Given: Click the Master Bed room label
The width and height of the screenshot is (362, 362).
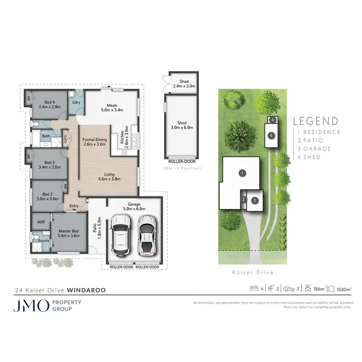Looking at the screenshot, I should pyautogui.click(x=68, y=233).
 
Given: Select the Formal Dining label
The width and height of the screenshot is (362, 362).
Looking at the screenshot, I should pyautogui.click(x=95, y=142).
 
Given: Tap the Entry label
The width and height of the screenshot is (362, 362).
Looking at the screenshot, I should pyautogui.click(x=74, y=206).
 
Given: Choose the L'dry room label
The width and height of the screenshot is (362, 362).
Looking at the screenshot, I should pyautogui.click(x=75, y=102).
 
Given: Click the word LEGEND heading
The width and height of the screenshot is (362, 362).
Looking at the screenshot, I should pyautogui.click(x=316, y=121).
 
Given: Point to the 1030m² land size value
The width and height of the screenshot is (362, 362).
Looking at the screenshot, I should pyautogui.click(x=344, y=289).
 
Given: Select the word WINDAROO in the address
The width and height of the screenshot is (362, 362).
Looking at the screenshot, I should pyautogui.click(x=86, y=291).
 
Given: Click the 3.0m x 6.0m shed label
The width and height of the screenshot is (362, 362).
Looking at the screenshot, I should pyautogui.click(x=182, y=125).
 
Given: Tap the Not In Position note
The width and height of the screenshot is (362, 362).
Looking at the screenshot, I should pyautogui.click(x=182, y=168).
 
